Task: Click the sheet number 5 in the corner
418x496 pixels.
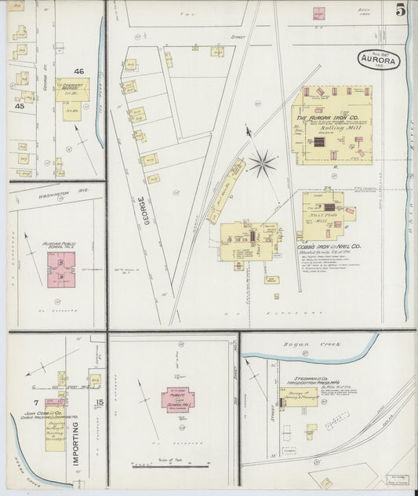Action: click(401, 10)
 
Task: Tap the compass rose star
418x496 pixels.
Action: click(263, 163)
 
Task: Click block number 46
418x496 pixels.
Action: click(78, 71)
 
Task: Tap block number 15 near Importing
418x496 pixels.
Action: click(99, 403)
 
